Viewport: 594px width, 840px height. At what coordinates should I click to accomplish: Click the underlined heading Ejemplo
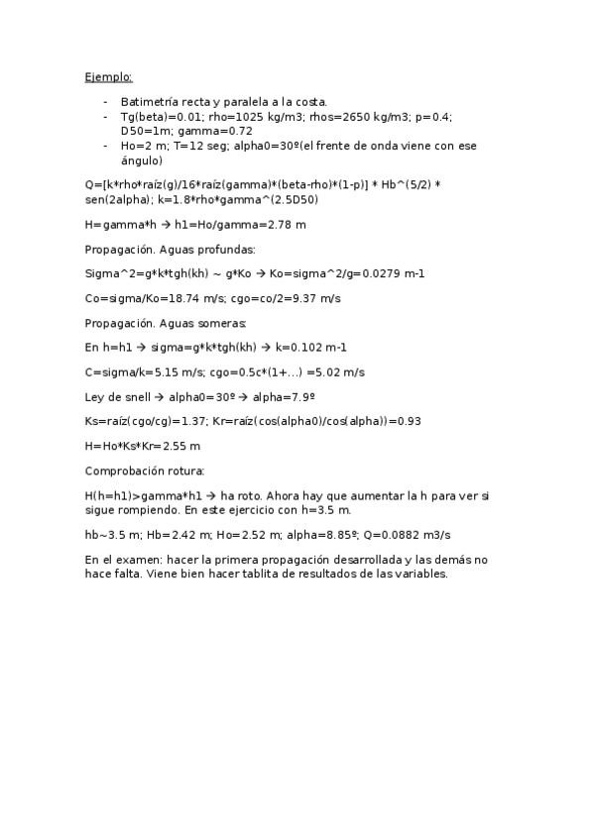[x=107, y=76]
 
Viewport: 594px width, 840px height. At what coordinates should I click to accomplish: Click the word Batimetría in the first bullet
[x=149, y=102]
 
